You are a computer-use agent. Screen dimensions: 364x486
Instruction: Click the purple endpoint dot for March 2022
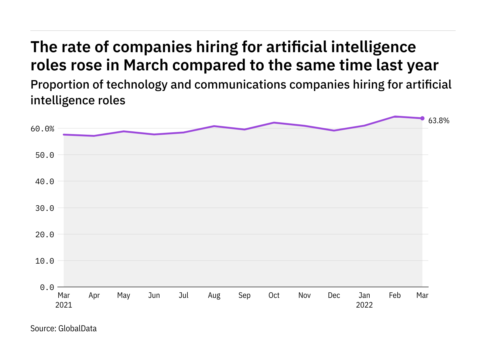pos(422,118)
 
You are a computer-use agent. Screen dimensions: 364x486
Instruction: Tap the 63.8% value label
pos(439,121)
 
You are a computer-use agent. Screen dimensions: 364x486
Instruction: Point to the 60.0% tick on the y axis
pos(42,129)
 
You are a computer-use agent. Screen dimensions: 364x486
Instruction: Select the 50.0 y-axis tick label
pos(45,155)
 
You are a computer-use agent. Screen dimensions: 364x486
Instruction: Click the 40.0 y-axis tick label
pos(45,182)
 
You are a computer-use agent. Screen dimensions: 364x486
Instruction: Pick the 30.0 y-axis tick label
pos(45,208)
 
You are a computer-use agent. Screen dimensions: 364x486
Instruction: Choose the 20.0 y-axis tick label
pos(45,234)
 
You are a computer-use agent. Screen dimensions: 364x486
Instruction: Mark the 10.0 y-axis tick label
pos(45,261)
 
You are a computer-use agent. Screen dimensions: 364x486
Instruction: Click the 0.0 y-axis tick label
pos(47,287)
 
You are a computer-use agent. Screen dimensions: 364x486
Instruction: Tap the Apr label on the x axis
pos(94,295)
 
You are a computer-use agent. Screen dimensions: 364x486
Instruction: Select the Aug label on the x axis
pos(214,295)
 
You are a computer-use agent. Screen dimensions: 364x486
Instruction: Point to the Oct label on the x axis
pos(274,295)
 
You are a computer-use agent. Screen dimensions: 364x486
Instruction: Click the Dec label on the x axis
pos(334,295)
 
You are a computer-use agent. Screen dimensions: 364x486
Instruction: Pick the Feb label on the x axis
pos(395,295)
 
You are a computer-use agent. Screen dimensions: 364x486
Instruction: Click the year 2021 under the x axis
pos(64,305)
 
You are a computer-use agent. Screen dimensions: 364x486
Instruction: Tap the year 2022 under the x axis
pos(364,305)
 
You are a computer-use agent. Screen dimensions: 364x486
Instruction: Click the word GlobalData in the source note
pos(77,329)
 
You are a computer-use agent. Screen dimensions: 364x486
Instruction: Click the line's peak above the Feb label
pos(395,116)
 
